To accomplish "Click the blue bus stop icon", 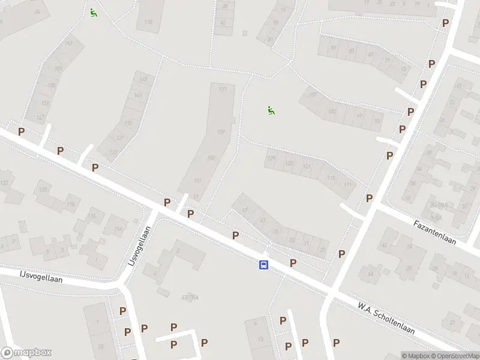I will coord(263,265).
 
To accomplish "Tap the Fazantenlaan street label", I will coord(435,232).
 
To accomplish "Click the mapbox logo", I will coord(26,353).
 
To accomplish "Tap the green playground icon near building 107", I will coord(271,110).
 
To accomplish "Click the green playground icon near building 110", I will coord(93,12).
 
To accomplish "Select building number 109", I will coord(220,132).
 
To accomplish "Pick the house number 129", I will coord(271,158).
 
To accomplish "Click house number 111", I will coord(347,184).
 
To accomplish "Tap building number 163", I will coord(68,43).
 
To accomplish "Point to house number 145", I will coord(142,79).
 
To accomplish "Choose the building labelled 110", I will coord(148,22).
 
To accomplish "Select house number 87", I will coord(334,47).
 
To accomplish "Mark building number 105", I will coord(210,158).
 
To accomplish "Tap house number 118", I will coord(71,205).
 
